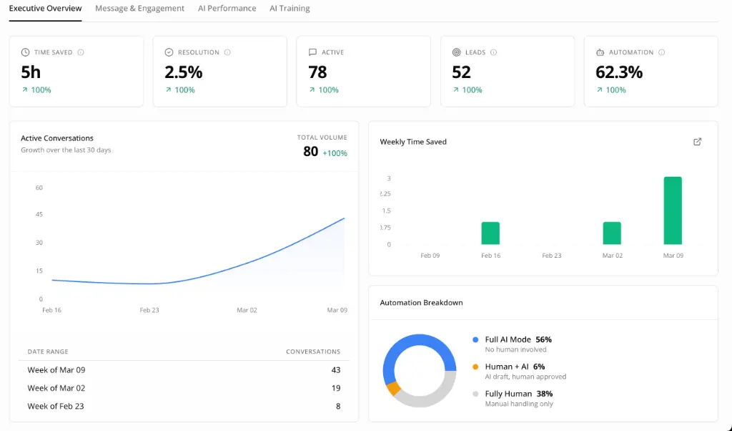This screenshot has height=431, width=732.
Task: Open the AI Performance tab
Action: tap(227, 9)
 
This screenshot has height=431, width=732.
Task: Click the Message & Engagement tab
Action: tap(139, 9)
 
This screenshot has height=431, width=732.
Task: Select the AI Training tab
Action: tap(290, 9)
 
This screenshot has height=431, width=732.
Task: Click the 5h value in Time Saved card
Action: tap(31, 72)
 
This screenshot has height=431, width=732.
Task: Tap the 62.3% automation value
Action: tap(618, 72)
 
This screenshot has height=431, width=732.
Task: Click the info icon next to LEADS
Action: tap(494, 52)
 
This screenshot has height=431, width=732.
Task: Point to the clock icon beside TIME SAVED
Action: tap(25, 52)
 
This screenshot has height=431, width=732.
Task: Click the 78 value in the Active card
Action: tap(317, 72)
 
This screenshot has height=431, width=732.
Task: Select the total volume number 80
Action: tap(310, 152)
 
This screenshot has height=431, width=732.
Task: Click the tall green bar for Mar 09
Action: tap(672, 210)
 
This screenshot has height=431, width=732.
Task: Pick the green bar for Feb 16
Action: tap(490, 233)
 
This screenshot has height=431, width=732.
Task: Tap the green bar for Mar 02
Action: tap(612, 233)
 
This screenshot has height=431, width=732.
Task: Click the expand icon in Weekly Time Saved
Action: tap(698, 142)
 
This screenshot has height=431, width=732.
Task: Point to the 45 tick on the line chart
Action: tap(39, 214)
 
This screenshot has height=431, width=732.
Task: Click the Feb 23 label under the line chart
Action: tap(149, 310)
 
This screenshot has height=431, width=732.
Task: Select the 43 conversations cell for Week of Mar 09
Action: tap(335, 370)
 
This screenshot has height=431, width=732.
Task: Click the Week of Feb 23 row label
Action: tap(56, 406)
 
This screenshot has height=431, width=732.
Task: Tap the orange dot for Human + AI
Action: tap(475, 367)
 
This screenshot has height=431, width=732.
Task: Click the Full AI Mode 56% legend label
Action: tap(518, 339)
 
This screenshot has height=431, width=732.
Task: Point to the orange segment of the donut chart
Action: tap(392, 389)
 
